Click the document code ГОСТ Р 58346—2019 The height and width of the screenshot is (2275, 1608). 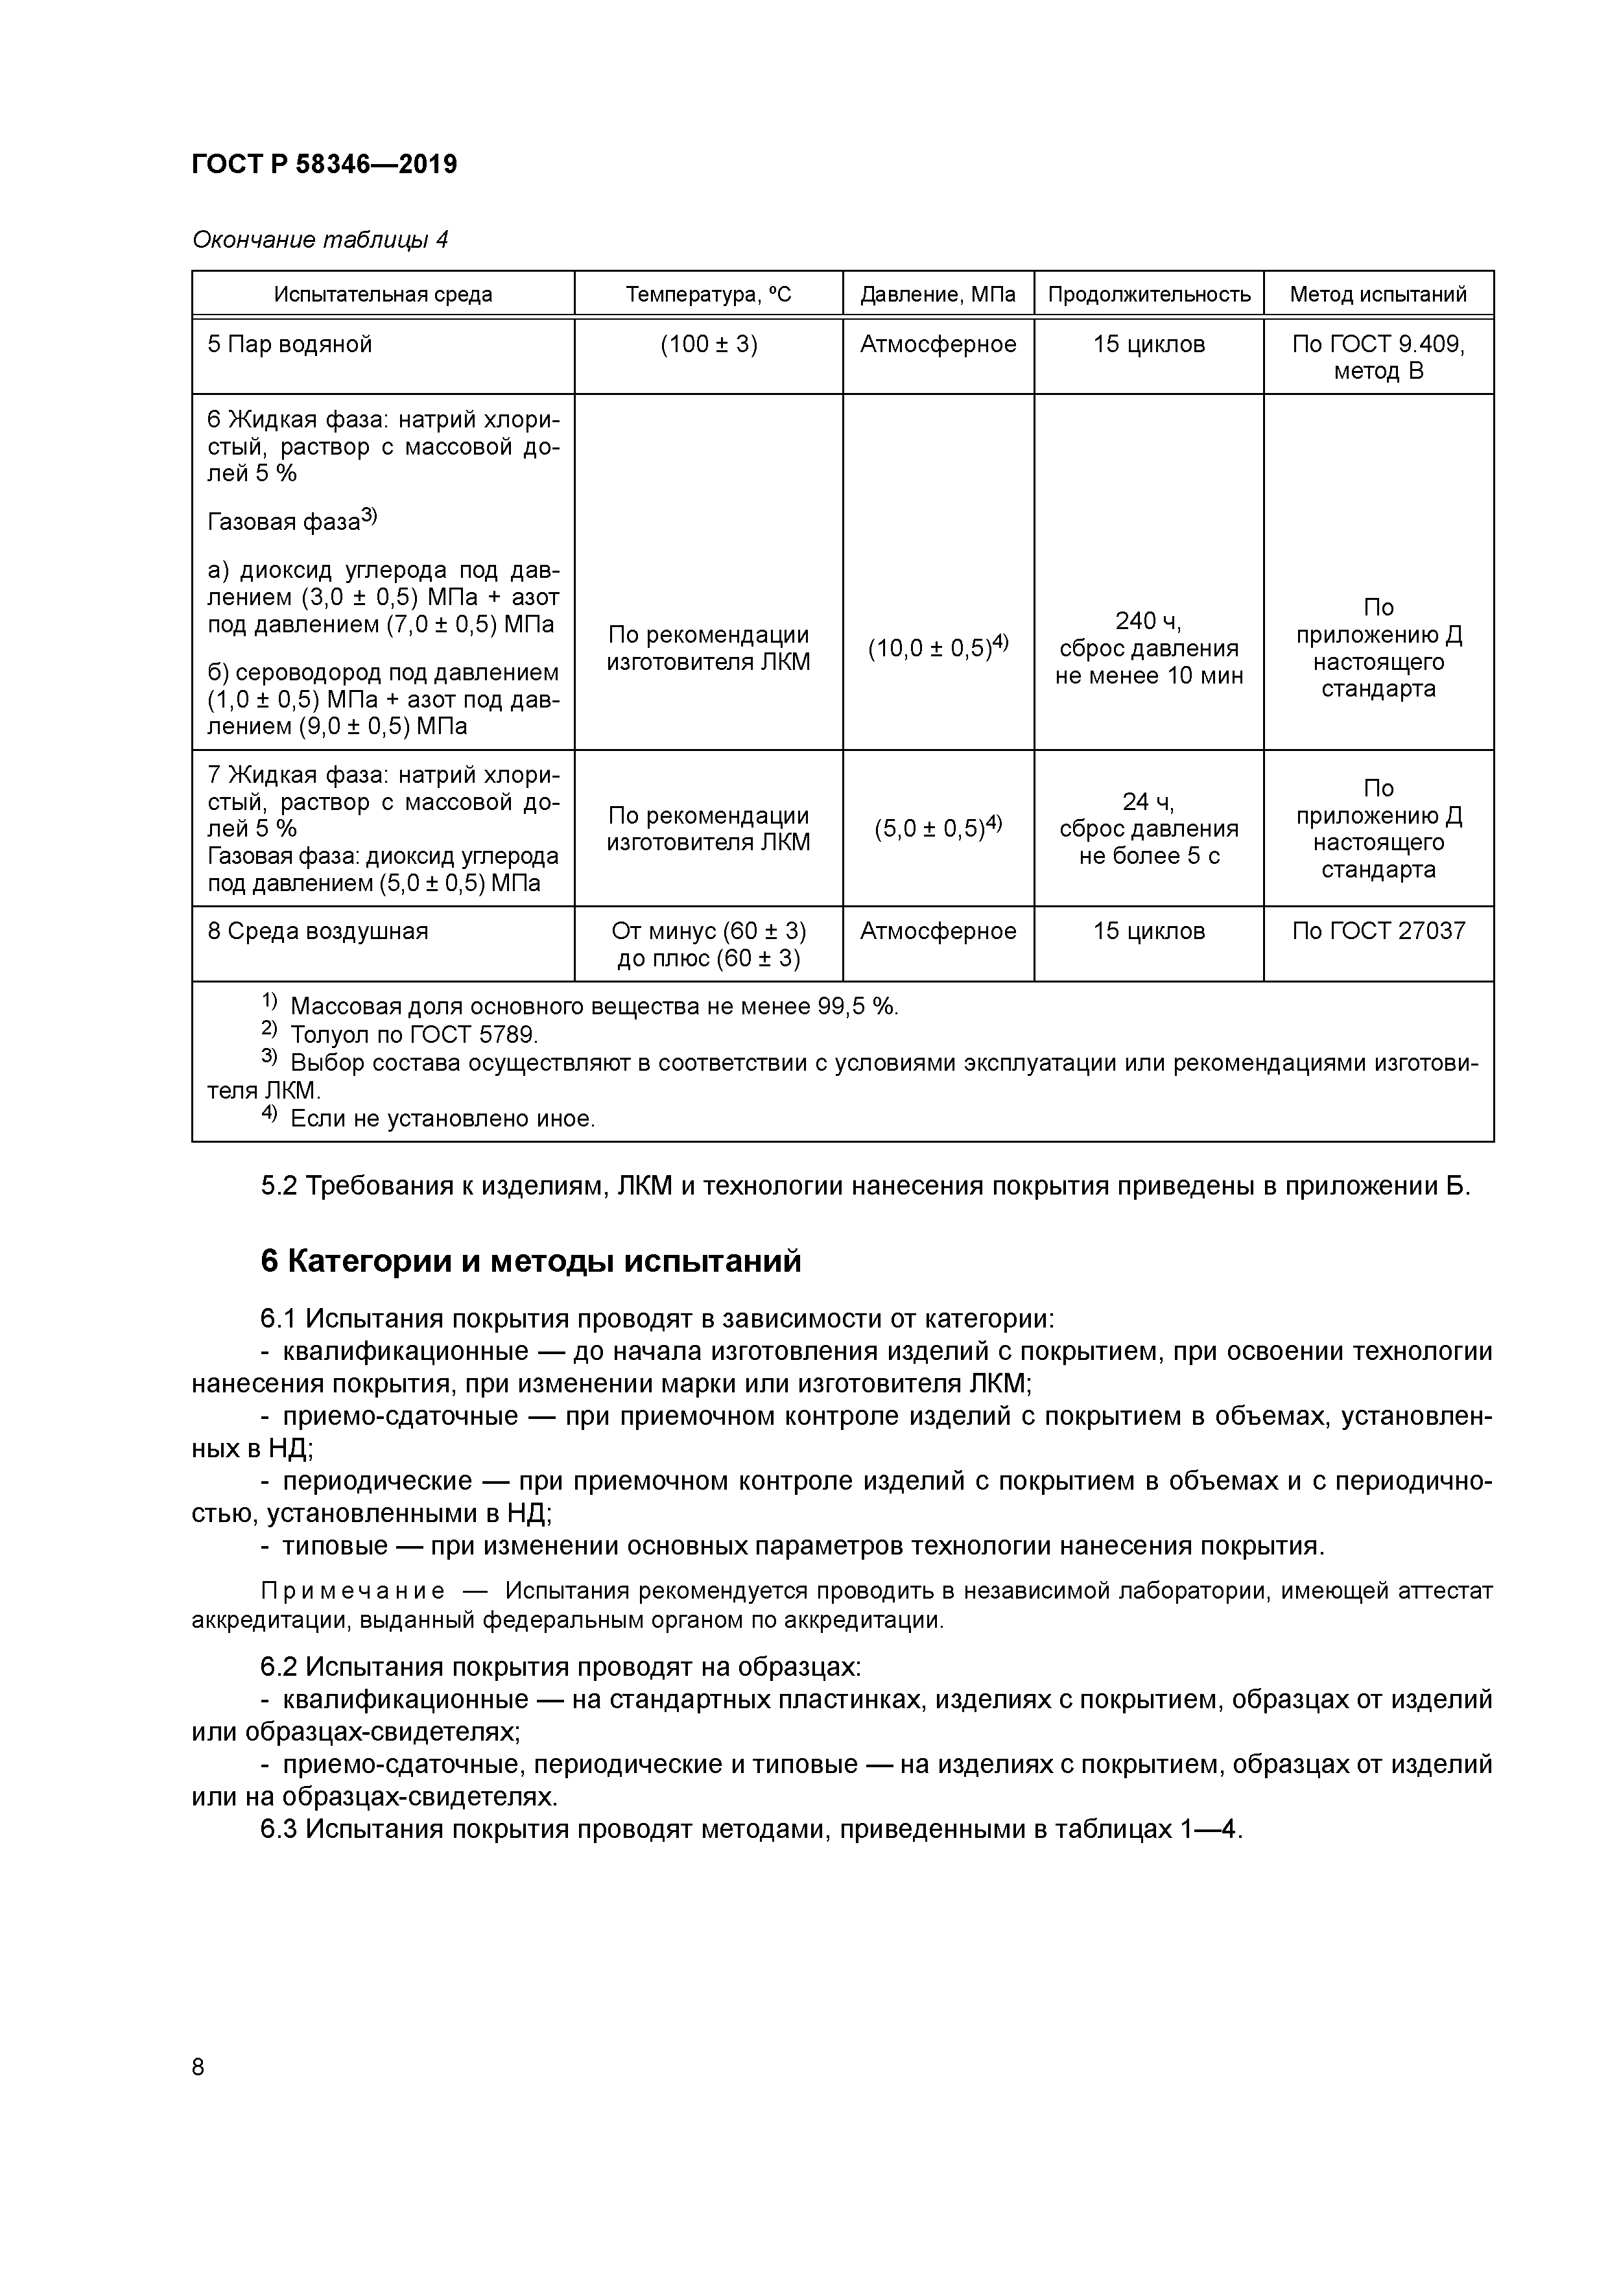[x=324, y=165]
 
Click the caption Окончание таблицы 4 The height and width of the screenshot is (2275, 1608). [x=320, y=240]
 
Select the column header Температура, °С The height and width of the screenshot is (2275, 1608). [x=709, y=294]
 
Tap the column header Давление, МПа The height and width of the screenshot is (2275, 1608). [x=938, y=294]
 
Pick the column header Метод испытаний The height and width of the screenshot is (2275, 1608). [x=1377, y=294]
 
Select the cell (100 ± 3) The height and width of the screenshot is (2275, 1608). [x=709, y=345]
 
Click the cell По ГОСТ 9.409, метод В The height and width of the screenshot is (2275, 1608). [x=1377, y=358]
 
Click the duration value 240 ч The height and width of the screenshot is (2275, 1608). [x=1148, y=621]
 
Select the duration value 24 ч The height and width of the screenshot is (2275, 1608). [x=1148, y=801]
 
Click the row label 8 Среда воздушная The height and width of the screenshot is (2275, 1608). [x=317, y=931]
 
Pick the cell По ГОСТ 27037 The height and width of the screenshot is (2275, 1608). [x=1377, y=931]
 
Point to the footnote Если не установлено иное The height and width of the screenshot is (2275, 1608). [x=442, y=1119]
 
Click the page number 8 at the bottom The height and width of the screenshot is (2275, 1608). [x=198, y=2067]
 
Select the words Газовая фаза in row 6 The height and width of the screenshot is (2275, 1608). [x=282, y=521]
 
